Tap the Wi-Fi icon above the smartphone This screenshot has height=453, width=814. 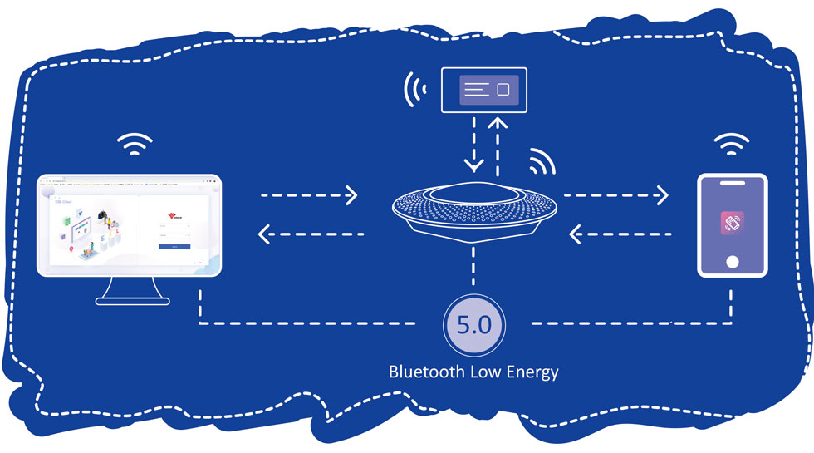point(731,145)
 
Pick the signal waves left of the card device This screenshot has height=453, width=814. point(413,90)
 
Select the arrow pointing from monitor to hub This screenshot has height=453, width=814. point(309,196)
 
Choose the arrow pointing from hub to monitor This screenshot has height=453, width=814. point(311,235)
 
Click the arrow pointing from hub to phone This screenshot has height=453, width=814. point(615,196)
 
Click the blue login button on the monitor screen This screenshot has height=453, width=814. point(174,247)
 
